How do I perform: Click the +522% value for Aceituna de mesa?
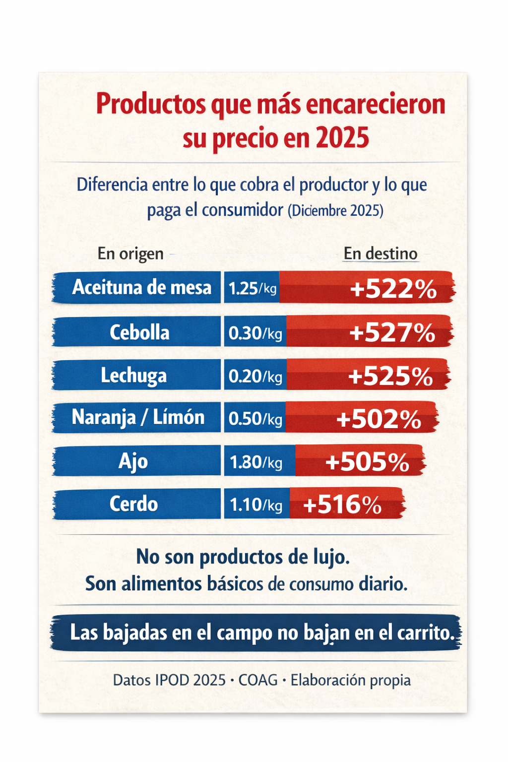tap(393, 289)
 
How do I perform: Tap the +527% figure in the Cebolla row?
tap(392, 332)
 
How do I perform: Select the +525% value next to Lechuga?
tap(390, 376)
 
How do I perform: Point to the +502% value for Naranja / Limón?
tap(379, 419)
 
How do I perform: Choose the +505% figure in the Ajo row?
tap(368, 462)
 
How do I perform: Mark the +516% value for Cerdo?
tap(342, 505)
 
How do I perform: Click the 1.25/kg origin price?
tap(252, 288)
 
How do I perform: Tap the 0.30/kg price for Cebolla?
tap(255, 333)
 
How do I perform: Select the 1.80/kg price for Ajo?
tap(256, 462)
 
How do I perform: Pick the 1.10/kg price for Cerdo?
tap(256, 505)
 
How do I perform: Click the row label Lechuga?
tap(134, 376)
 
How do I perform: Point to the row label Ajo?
tap(133, 462)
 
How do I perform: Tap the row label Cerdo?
tap(134, 504)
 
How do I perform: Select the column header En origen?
tap(130, 254)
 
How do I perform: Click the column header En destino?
tap(381, 254)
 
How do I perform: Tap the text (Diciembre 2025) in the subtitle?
tap(335, 211)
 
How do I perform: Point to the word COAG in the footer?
tap(258, 680)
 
